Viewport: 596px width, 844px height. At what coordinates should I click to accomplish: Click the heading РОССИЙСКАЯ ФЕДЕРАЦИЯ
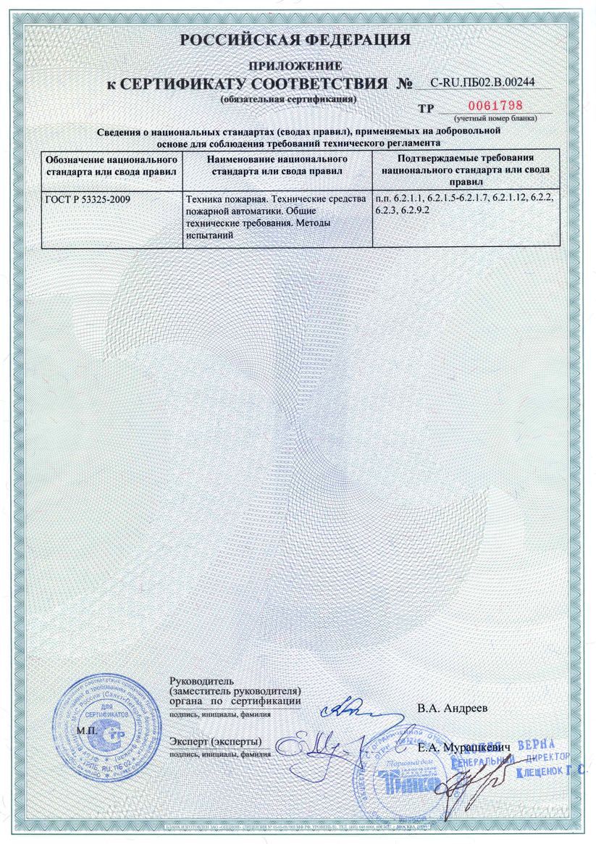tap(295, 39)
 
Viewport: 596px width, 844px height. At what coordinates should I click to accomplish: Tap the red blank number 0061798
tap(499, 105)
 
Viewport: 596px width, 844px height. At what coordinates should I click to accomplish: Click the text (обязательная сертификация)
tap(288, 97)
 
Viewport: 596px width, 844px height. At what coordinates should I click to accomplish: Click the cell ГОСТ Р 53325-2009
tap(88, 197)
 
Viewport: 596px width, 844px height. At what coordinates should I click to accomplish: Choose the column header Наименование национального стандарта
tap(278, 166)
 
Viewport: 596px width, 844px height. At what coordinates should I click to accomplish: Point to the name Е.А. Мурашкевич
tap(465, 746)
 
